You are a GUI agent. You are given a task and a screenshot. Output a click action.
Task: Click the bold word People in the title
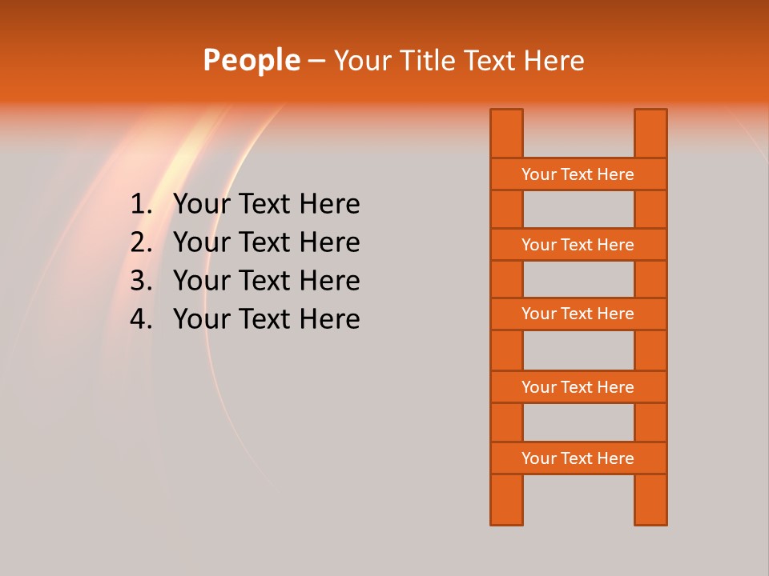251,60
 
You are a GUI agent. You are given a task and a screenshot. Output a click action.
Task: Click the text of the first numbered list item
266,205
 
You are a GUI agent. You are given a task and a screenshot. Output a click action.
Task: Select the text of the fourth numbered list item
266,319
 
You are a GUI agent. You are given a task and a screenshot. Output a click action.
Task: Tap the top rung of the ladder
578,174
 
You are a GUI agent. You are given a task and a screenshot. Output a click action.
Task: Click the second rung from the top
578,245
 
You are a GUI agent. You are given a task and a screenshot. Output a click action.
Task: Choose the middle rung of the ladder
578,314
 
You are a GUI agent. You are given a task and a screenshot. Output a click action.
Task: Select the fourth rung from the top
578,387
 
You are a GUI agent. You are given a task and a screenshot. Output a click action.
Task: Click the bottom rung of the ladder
578,458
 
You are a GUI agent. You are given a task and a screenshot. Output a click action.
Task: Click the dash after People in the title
316,61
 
